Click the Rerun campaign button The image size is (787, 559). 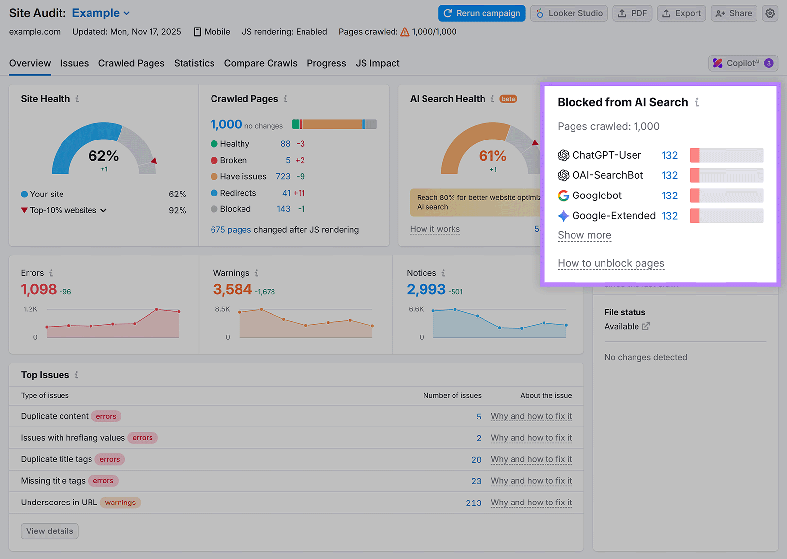pos(482,13)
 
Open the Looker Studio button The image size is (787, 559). pos(569,13)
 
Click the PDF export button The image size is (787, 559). pos(633,13)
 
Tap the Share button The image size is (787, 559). pos(733,13)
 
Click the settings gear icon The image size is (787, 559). pos(770,13)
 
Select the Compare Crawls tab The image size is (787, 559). pos(260,63)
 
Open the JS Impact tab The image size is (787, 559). pos(377,63)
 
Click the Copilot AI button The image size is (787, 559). pos(743,63)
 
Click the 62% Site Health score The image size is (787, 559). pos(103,156)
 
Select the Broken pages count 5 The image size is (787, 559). pos(288,160)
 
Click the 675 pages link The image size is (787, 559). pos(231,230)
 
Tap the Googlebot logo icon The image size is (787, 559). pos(563,196)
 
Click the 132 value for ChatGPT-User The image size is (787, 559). pos(669,155)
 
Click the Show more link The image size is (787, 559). pos(584,235)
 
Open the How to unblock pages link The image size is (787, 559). pos(610,263)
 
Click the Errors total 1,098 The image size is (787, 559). pos(39,289)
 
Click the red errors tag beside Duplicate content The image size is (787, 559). pos(106,416)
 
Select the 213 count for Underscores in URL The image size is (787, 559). pos(473,503)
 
